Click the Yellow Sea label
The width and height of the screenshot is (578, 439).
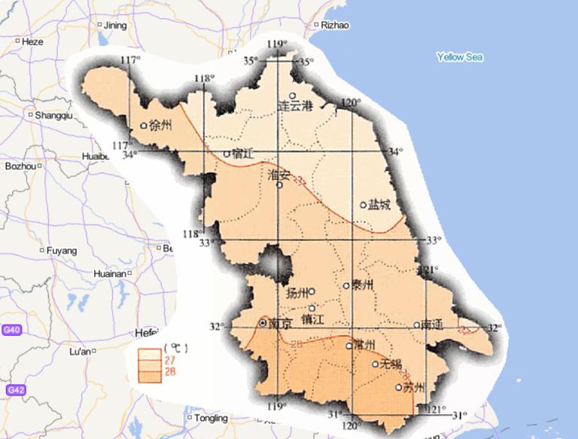click(x=460, y=57)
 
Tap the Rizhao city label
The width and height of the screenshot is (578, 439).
click(x=335, y=25)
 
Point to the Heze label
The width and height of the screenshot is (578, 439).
click(x=32, y=42)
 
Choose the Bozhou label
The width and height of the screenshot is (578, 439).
click(x=20, y=166)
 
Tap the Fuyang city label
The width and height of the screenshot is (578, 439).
click(x=62, y=250)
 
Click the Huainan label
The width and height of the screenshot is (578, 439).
click(x=110, y=274)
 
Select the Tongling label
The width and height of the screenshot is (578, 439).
click(x=210, y=418)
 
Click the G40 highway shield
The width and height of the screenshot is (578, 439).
click(x=11, y=330)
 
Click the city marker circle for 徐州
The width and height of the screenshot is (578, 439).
click(x=144, y=126)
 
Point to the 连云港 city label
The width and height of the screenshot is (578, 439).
click(x=296, y=106)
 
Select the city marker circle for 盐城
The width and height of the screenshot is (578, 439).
click(x=363, y=204)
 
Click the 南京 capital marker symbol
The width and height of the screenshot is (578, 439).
click(x=262, y=322)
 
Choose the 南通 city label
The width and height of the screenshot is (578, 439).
click(x=433, y=325)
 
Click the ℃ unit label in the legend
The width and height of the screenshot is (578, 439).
click(x=175, y=349)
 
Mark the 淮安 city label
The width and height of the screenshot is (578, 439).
click(x=279, y=175)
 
